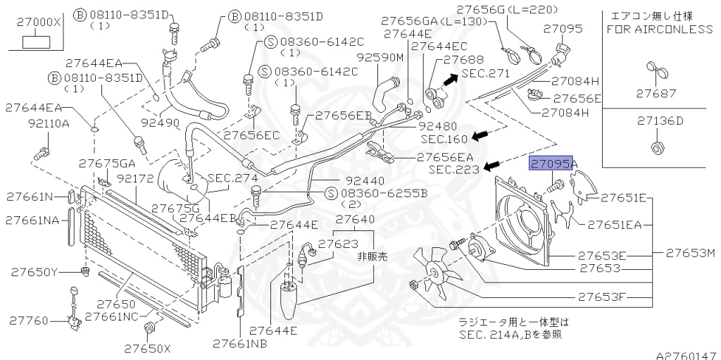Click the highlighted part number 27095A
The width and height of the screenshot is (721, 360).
pos(553,164)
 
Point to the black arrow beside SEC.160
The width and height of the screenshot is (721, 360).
pos(481,135)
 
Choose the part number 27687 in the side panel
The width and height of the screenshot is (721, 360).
pos(656,93)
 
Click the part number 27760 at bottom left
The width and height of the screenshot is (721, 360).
pos(30,321)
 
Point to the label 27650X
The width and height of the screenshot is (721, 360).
pos(148,348)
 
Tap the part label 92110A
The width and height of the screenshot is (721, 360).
pos(49,123)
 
